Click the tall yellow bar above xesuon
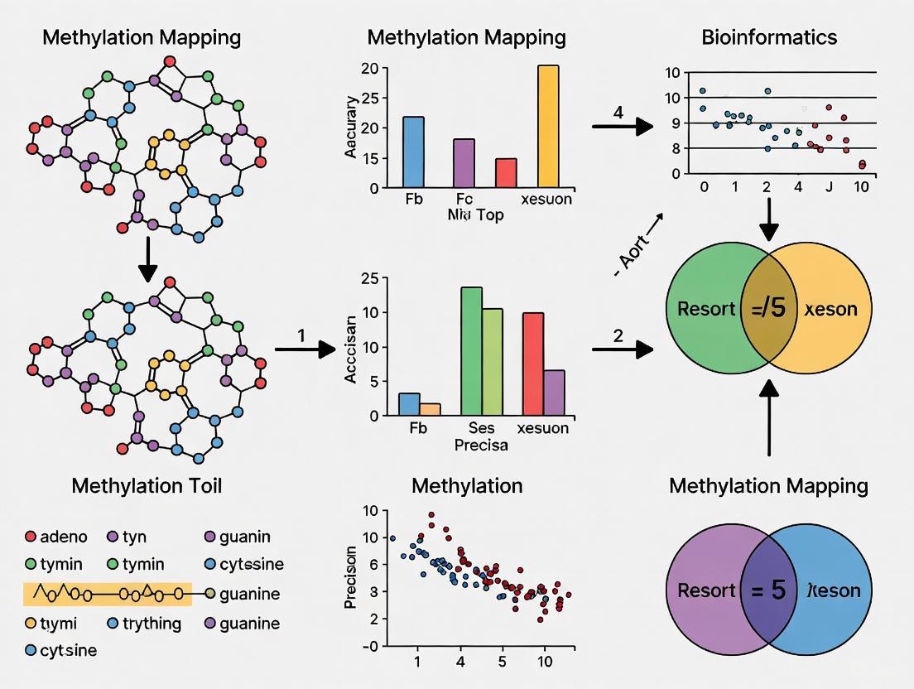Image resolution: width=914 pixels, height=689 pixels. pyautogui.click(x=548, y=126)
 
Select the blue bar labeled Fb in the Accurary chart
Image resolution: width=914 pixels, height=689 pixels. pyautogui.click(x=413, y=152)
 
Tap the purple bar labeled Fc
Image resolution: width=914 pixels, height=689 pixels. pyautogui.click(x=464, y=162)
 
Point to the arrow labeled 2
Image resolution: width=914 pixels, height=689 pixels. pyautogui.click(x=621, y=349)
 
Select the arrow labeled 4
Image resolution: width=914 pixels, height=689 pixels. pyautogui.click(x=623, y=127)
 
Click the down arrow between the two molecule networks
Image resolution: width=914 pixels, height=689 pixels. pyautogui.click(x=147, y=259)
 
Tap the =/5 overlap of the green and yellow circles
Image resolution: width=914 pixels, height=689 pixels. pyautogui.click(x=769, y=309)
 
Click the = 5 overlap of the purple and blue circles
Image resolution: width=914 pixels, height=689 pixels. pyautogui.click(x=769, y=590)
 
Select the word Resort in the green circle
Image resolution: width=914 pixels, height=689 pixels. pyautogui.click(x=705, y=309)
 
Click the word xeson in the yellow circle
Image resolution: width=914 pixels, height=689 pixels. pyautogui.click(x=830, y=309)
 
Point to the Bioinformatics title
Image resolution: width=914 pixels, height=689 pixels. pyautogui.click(x=769, y=37)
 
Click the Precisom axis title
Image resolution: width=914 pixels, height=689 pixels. pyautogui.click(x=351, y=576)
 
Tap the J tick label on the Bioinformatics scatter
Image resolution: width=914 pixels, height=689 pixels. pyautogui.click(x=830, y=187)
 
